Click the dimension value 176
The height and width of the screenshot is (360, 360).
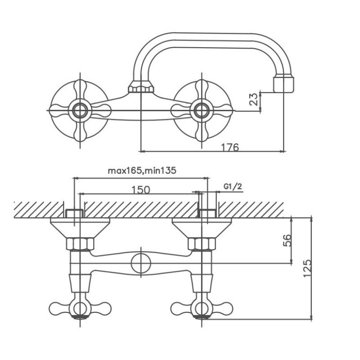(230, 147)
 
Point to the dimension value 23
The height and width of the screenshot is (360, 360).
(254, 99)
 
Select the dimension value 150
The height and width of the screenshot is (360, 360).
(141, 190)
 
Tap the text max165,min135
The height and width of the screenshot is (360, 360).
(142, 171)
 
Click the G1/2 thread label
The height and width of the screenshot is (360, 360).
(233, 186)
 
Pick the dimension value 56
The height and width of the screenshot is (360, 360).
(287, 240)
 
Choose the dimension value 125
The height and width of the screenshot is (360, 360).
(308, 268)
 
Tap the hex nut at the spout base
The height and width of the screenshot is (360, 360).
(141, 87)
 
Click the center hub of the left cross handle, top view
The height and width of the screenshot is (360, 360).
(80, 110)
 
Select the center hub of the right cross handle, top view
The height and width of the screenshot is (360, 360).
(202, 110)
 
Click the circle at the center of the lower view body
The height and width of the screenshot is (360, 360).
(141, 263)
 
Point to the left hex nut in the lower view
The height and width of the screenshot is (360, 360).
(80, 244)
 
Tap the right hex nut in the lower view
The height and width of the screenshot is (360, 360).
(202, 244)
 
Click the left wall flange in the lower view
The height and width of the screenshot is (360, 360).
(80, 228)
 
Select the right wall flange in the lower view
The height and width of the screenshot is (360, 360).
(202, 228)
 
